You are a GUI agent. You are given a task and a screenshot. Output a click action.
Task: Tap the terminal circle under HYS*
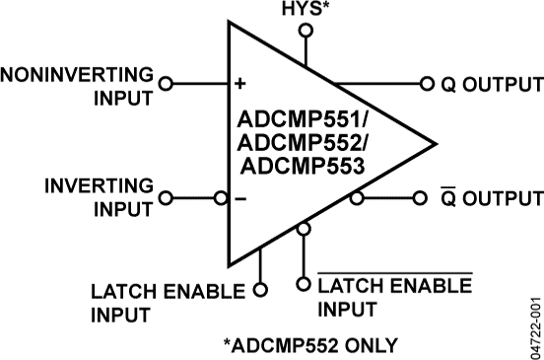pyautogui.click(x=306, y=31)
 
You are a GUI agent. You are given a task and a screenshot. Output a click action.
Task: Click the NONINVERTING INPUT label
pyautogui.click(x=78, y=86)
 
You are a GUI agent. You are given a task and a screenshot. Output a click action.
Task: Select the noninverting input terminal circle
pyautogui.click(x=166, y=84)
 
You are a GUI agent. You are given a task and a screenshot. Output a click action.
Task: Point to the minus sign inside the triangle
pyautogui.click(x=239, y=198)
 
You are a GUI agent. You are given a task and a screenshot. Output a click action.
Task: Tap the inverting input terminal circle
pyautogui.click(x=166, y=197)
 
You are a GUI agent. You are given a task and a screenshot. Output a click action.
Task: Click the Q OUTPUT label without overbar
pyautogui.click(x=486, y=85)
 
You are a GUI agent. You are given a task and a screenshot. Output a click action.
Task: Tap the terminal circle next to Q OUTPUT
pyautogui.click(x=427, y=84)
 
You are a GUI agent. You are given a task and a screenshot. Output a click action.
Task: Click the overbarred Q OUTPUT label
pyautogui.click(x=486, y=198)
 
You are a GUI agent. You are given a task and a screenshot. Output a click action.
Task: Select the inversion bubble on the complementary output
pyautogui.click(x=358, y=197)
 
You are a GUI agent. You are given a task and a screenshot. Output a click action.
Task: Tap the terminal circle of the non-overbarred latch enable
pyautogui.click(x=260, y=290)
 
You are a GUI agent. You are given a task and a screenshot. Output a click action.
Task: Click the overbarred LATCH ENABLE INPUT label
pyautogui.click(x=393, y=297)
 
